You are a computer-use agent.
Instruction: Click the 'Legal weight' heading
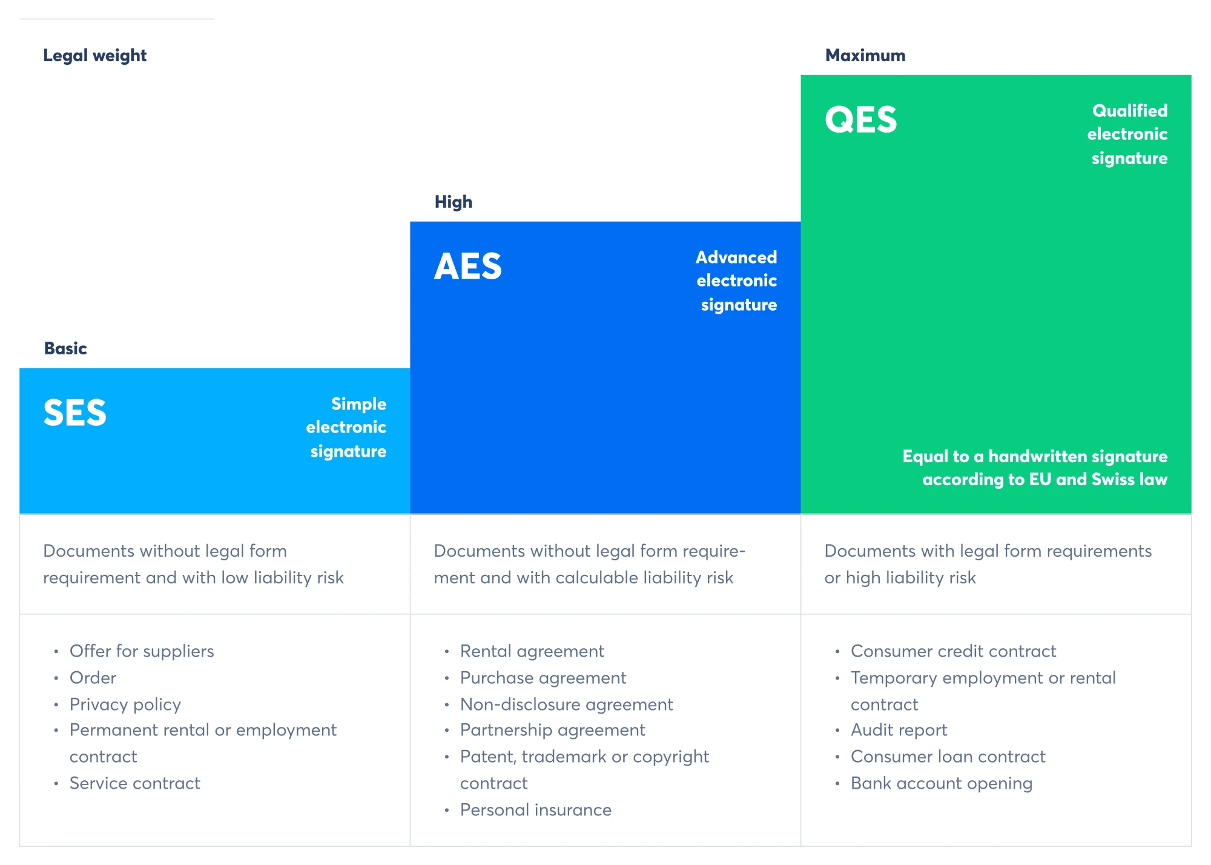[x=94, y=56]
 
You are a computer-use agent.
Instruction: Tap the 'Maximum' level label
[x=865, y=56]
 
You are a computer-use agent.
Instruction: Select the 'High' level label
[x=454, y=202]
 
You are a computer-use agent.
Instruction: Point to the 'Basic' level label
[x=65, y=348]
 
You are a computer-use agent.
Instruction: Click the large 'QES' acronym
[x=860, y=119]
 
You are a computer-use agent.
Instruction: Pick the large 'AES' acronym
[x=468, y=267]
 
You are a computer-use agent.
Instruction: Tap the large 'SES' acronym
[x=75, y=413]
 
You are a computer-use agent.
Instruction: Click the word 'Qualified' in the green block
[x=1130, y=111]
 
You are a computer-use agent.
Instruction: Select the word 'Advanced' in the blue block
[x=736, y=257]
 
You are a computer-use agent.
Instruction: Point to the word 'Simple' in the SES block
[x=358, y=404]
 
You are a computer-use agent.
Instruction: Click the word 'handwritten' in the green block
[x=1047, y=456]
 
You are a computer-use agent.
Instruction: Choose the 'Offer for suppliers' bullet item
[x=142, y=651]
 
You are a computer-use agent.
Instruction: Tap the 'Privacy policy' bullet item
[x=125, y=704]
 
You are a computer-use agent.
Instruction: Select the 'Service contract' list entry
[x=135, y=783]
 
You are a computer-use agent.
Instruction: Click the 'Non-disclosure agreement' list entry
[x=567, y=704]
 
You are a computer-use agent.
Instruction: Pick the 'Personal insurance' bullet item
[x=536, y=810]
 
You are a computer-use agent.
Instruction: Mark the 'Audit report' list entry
[x=899, y=731]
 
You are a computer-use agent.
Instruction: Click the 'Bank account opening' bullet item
[x=942, y=784]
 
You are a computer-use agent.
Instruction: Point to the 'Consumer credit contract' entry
[x=954, y=651]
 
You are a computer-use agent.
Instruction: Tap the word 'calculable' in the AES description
[x=596, y=578]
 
